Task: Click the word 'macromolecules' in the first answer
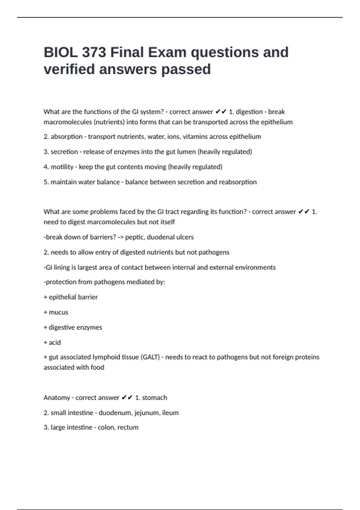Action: [x=67, y=122]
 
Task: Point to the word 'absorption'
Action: [x=66, y=137]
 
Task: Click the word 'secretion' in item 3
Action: [x=64, y=152]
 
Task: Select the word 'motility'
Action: [x=62, y=167]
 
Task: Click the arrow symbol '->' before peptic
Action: [x=121, y=237]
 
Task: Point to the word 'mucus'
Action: [x=58, y=312]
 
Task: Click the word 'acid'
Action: [x=55, y=343]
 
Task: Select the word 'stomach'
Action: [x=154, y=398]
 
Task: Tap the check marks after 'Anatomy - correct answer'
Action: [x=127, y=398]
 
